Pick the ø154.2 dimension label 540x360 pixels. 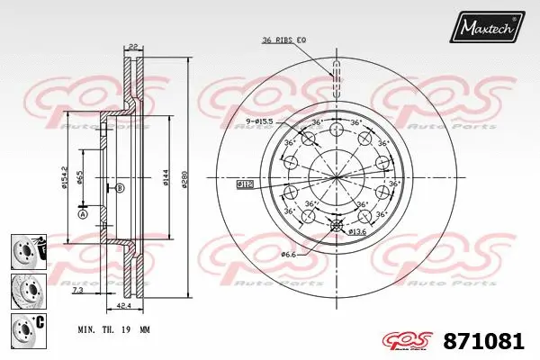(x=65, y=177)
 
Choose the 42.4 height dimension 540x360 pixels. (x=122, y=305)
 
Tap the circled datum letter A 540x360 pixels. (x=82, y=214)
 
